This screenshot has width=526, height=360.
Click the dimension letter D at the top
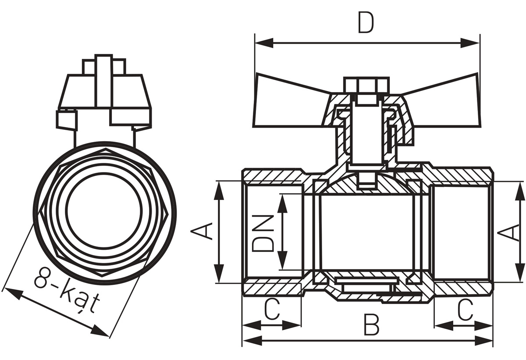366,22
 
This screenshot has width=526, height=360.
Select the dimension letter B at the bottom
372,325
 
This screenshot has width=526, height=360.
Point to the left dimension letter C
272,309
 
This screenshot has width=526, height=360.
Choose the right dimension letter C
465,310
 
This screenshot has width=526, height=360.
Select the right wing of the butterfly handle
441,101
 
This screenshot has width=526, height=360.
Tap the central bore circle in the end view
104,210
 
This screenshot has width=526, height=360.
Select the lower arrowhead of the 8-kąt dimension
100,331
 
